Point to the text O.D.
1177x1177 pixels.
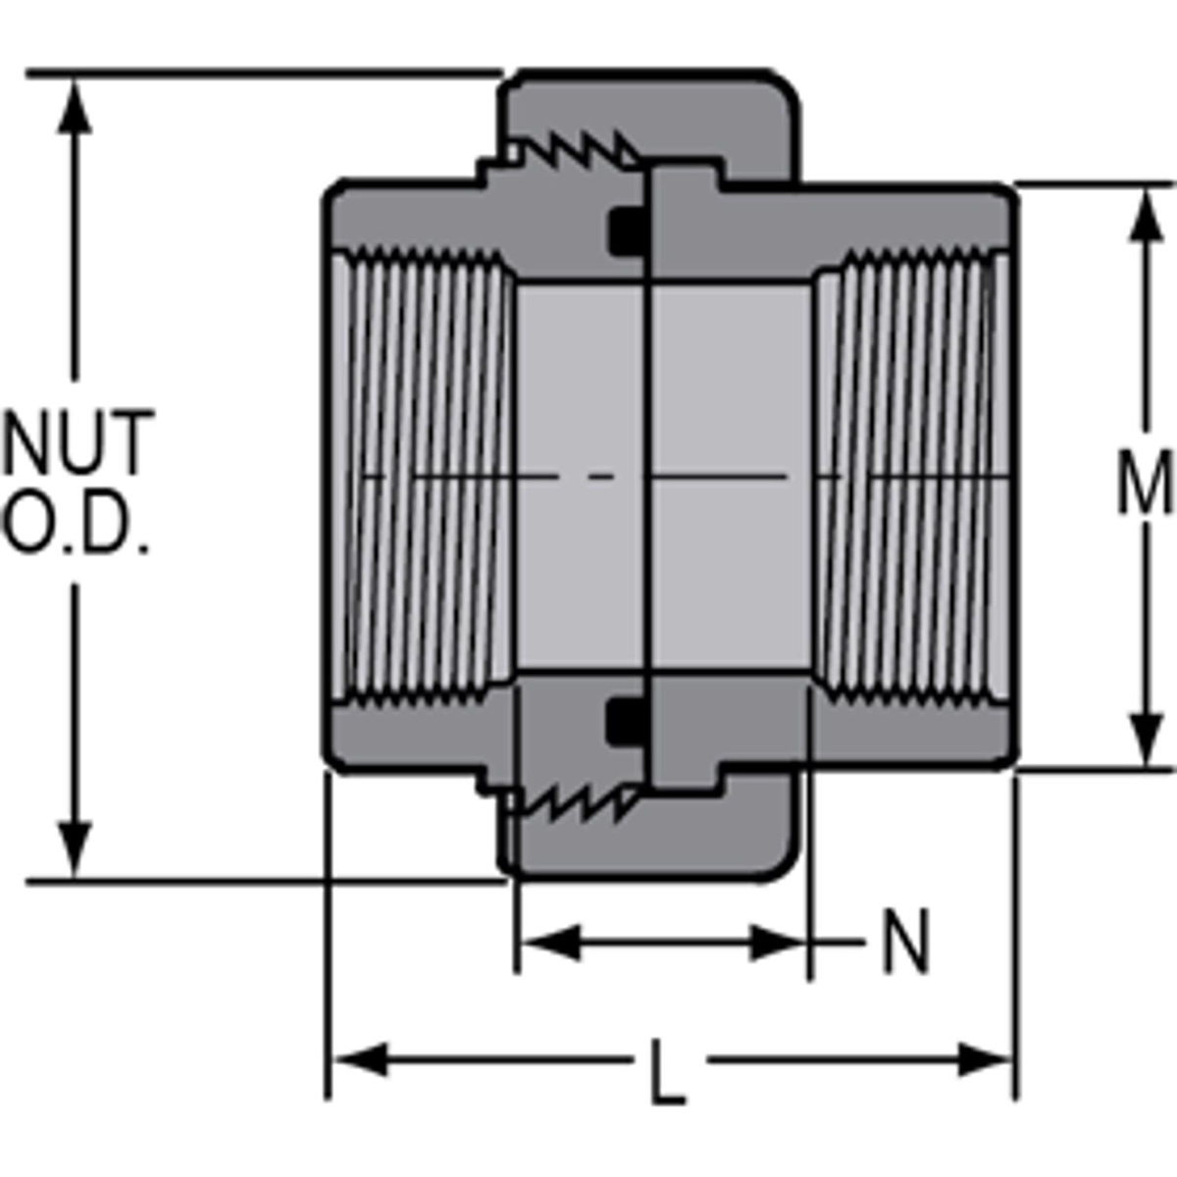pos(77,527)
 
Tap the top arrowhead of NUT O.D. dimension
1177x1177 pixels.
pos(75,103)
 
